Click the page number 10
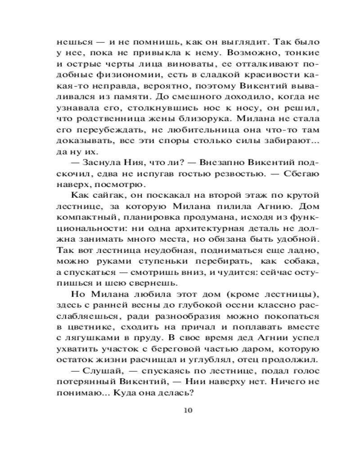point(189,409)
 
